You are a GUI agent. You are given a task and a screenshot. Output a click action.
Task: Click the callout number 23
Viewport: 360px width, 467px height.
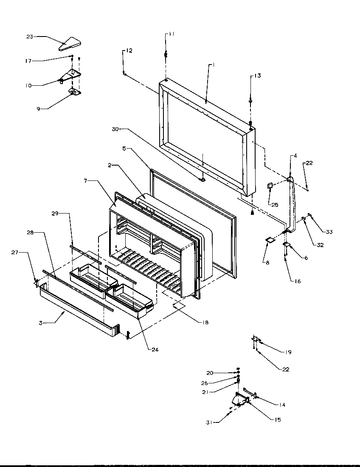click(30, 37)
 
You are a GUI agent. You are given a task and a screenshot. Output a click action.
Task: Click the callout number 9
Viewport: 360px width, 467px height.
click(38, 109)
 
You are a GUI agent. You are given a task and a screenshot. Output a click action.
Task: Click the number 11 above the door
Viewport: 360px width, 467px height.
click(171, 34)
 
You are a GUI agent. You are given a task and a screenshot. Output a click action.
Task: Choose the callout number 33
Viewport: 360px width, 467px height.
click(329, 232)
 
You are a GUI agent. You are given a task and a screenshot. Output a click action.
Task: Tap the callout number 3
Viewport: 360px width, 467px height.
click(41, 323)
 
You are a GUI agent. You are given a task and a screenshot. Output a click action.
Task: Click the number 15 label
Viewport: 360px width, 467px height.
click(278, 420)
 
